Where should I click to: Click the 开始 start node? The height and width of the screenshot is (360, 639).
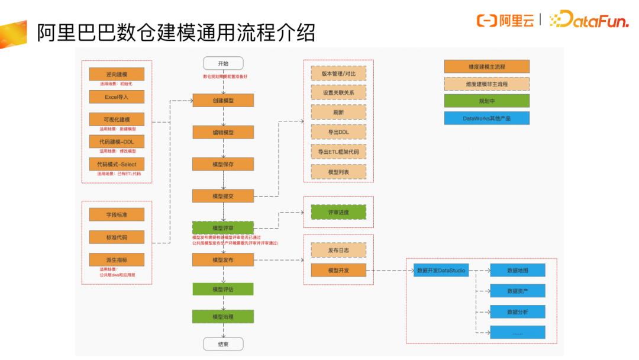coord(223,63)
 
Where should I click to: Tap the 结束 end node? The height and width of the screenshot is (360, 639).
coord(223,344)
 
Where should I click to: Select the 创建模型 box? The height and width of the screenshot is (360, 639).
coord(223,101)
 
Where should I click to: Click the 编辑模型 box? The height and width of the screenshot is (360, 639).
coord(223,133)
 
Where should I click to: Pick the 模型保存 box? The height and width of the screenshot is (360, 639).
coord(223,164)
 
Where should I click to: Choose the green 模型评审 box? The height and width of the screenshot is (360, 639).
coord(223,228)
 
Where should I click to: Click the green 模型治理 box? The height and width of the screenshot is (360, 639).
coord(223,317)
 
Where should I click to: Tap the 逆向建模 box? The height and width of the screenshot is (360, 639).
coord(117,74)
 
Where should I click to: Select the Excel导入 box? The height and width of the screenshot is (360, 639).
coord(117,97)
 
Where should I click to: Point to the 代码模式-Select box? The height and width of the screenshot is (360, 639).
coord(117,164)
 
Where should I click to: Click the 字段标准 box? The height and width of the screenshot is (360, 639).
coord(117,214)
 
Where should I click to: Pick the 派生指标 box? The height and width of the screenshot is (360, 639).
coord(117,259)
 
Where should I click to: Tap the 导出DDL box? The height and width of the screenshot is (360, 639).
coord(338,132)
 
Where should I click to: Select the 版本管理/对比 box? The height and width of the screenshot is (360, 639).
coord(338,73)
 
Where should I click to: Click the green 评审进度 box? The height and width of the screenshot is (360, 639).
coord(338,212)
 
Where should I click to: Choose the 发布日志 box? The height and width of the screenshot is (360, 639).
coord(338,250)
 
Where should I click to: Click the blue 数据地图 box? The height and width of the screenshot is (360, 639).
coord(517,271)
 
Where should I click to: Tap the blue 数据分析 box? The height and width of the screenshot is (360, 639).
coord(517,311)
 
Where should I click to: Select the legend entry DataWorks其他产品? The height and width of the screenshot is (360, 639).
coord(486,118)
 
